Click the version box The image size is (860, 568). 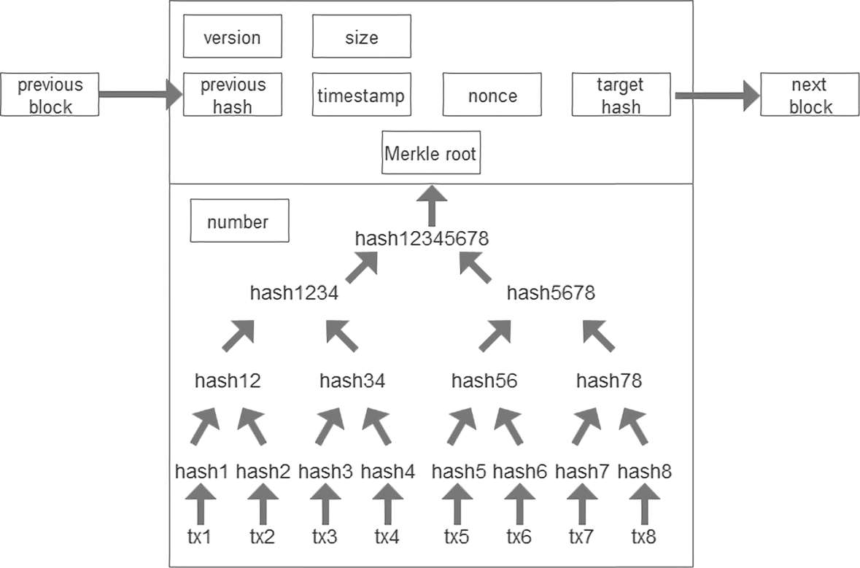pos(232,37)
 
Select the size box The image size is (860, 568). pos(362,37)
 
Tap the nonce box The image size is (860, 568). pos(492,96)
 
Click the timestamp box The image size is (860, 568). pos(361,96)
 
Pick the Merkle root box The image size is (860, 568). pos(431,154)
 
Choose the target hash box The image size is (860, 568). pos(620,96)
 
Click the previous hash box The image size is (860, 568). pos(232,96)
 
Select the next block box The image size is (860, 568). pos(810,96)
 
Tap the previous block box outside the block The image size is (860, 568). pos(50,96)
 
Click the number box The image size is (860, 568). pos(239,222)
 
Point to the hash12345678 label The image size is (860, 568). pos(422,238)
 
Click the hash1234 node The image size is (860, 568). pos(293,294)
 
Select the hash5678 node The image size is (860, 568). pos(551,294)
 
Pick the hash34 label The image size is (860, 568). pos(352,381)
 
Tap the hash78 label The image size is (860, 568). pos(609,381)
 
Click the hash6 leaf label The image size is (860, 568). pos(519,472)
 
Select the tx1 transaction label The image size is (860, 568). pos(200,538)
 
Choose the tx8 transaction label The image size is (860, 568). pos(644,538)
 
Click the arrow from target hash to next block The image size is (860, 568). pos(715,96)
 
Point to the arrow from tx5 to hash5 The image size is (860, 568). pos(457,505)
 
